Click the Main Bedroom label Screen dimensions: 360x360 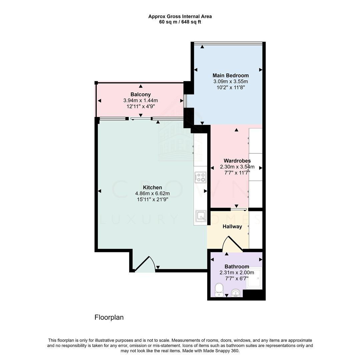pyautogui.click(x=231, y=75)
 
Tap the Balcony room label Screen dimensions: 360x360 pyautogui.click(x=140, y=94)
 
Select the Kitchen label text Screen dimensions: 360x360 pyautogui.click(x=152, y=187)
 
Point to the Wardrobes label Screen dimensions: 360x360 pyautogui.click(x=237, y=161)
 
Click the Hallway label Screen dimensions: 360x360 pyautogui.click(x=232, y=227)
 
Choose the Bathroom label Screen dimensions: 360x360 pyautogui.click(x=237, y=267)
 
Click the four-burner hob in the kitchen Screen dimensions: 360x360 pyautogui.click(x=200, y=177)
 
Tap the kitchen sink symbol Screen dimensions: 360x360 pyautogui.click(x=201, y=216)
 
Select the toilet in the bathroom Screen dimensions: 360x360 pyautogui.click(x=219, y=290)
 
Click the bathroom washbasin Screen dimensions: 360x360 pyautogui.click(x=236, y=293)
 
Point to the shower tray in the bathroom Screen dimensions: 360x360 pyautogui.click(x=254, y=278)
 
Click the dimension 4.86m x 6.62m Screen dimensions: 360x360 pyautogui.click(x=152, y=194)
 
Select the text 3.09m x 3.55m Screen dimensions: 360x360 pyautogui.click(x=231, y=82)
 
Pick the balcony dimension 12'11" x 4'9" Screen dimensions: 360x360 pyautogui.click(x=141, y=107)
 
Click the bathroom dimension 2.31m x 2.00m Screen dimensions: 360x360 pyautogui.click(x=237, y=273)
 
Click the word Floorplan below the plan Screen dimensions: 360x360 pyautogui.click(x=109, y=318)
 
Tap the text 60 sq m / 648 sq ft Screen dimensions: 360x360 pyautogui.click(x=180, y=22)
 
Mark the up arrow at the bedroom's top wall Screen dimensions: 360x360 pyautogui.click(x=202, y=47)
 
